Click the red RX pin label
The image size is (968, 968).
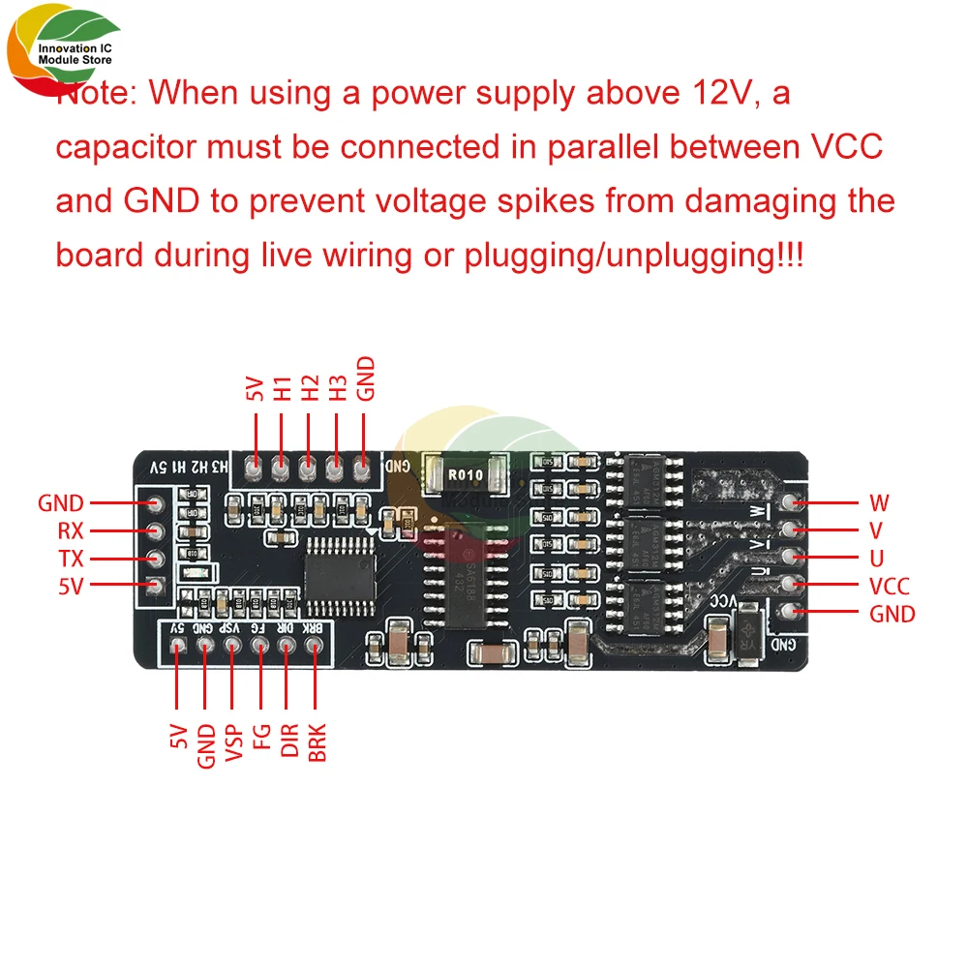pos(71,531)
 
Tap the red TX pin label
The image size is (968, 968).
pos(71,559)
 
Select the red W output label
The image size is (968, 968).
pos(879,502)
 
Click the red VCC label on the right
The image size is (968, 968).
pos(890,586)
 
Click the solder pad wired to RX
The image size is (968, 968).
pos(152,530)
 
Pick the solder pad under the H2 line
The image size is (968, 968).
pos(308,470)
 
